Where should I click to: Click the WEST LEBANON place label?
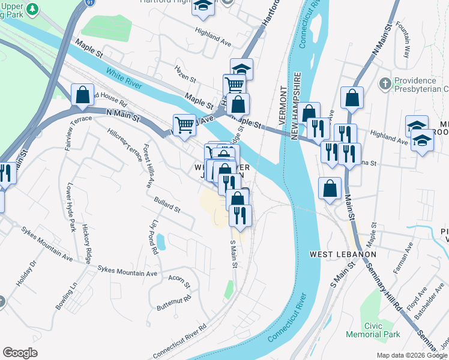pyautogui.click(x=343, y=254)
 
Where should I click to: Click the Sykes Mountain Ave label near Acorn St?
pyautogui.click(x=127, y=271)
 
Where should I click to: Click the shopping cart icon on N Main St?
pyautogui.click(x=185, y=124)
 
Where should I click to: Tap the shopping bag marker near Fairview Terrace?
pyautogui.click(x=82, y=95)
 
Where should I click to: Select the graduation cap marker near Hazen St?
pyautogui.click(x=241, y=69)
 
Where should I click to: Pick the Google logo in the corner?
pyautogui.click(x=20, y=353)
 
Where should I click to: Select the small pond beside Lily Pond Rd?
pyautogui.click(x=160, y=242)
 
